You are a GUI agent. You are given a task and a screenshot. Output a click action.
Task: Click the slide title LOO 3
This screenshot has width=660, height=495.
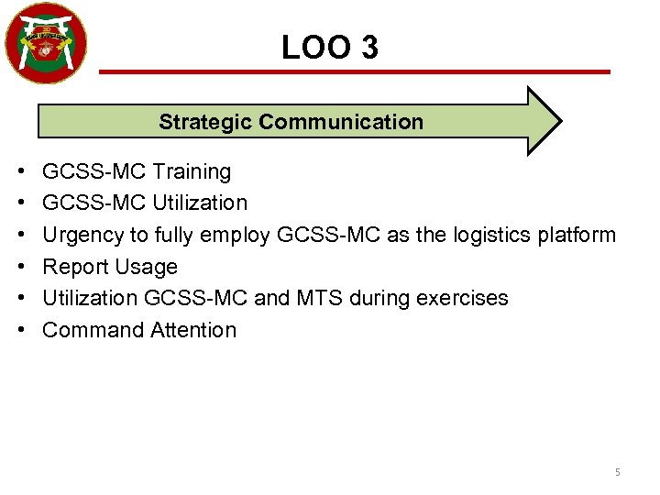click(x=329, y=47)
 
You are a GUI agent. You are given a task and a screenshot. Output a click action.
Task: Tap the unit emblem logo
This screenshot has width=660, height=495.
click(x=46, y=42)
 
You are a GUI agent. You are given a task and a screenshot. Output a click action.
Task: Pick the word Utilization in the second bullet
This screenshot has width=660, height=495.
click(x=200, y=203)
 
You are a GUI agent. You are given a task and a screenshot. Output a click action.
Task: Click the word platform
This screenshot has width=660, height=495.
click(x=575, y=235)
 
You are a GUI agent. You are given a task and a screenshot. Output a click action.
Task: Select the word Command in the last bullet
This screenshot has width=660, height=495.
click(x=88, y=330)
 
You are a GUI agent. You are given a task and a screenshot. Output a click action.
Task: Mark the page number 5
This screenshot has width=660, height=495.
click(x=617, y=472)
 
